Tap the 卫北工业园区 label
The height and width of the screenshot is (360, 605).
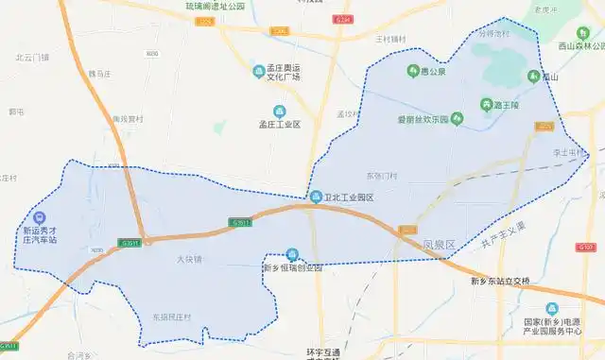pyautogui.click(x=350, y=197)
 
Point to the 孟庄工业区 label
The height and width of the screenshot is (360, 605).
pyautogui.click(x=279, y=124)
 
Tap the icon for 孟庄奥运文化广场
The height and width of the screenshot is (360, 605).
pyautogui.click(x=259, y=71)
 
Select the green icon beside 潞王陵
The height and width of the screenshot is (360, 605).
pyautogui.click(x=486, y=104)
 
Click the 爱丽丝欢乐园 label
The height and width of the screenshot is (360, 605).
pyautogui.click(x=422, y=120)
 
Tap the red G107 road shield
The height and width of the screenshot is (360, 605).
pyautogui.click(x=585, y=247)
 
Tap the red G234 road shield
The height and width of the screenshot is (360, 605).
pyautogui.click(x=342, y=19)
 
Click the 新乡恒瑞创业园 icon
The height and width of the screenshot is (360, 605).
pyautogui.click(x=293, y=254)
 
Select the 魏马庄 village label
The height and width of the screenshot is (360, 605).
pyautogui.click(x=100, y=73)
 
